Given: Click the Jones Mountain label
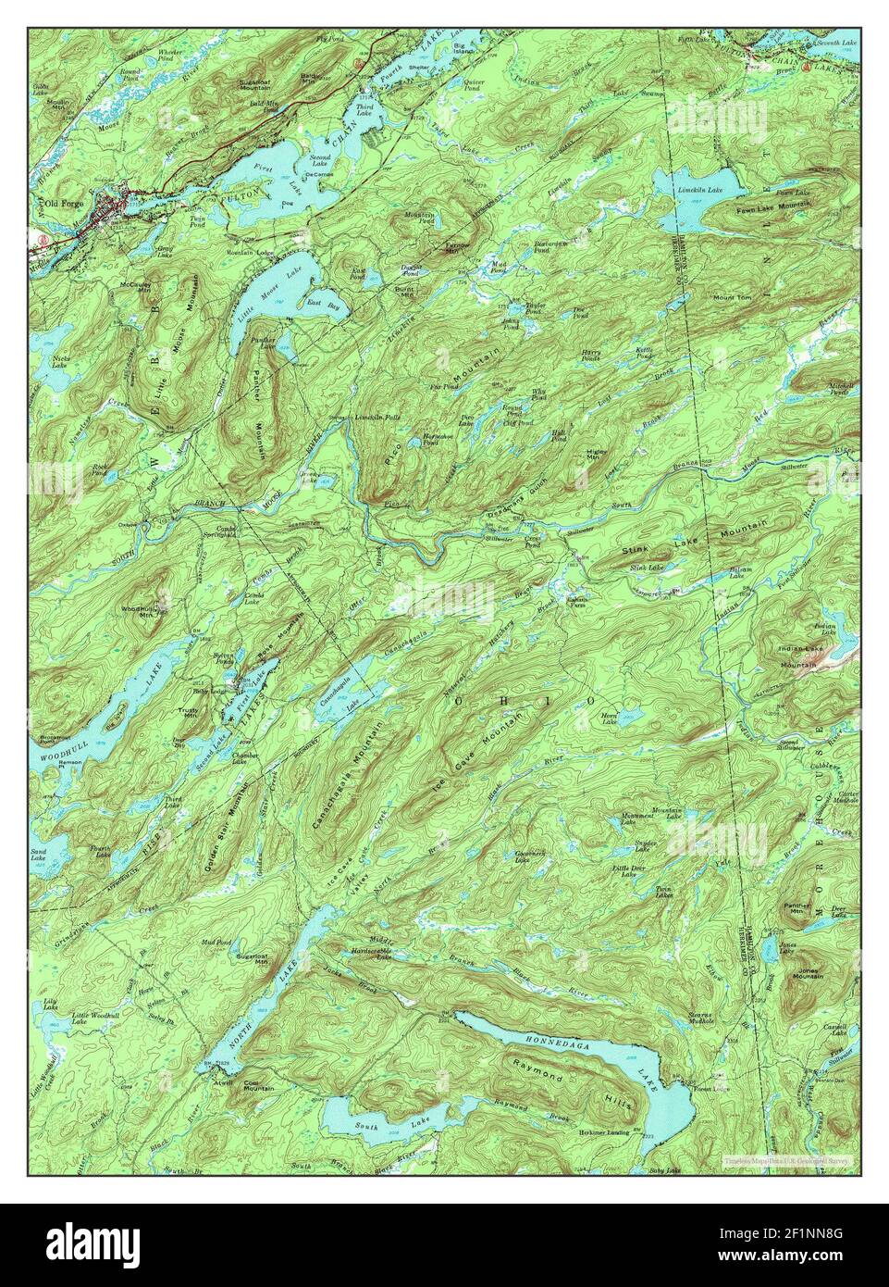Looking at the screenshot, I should (808, 974).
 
